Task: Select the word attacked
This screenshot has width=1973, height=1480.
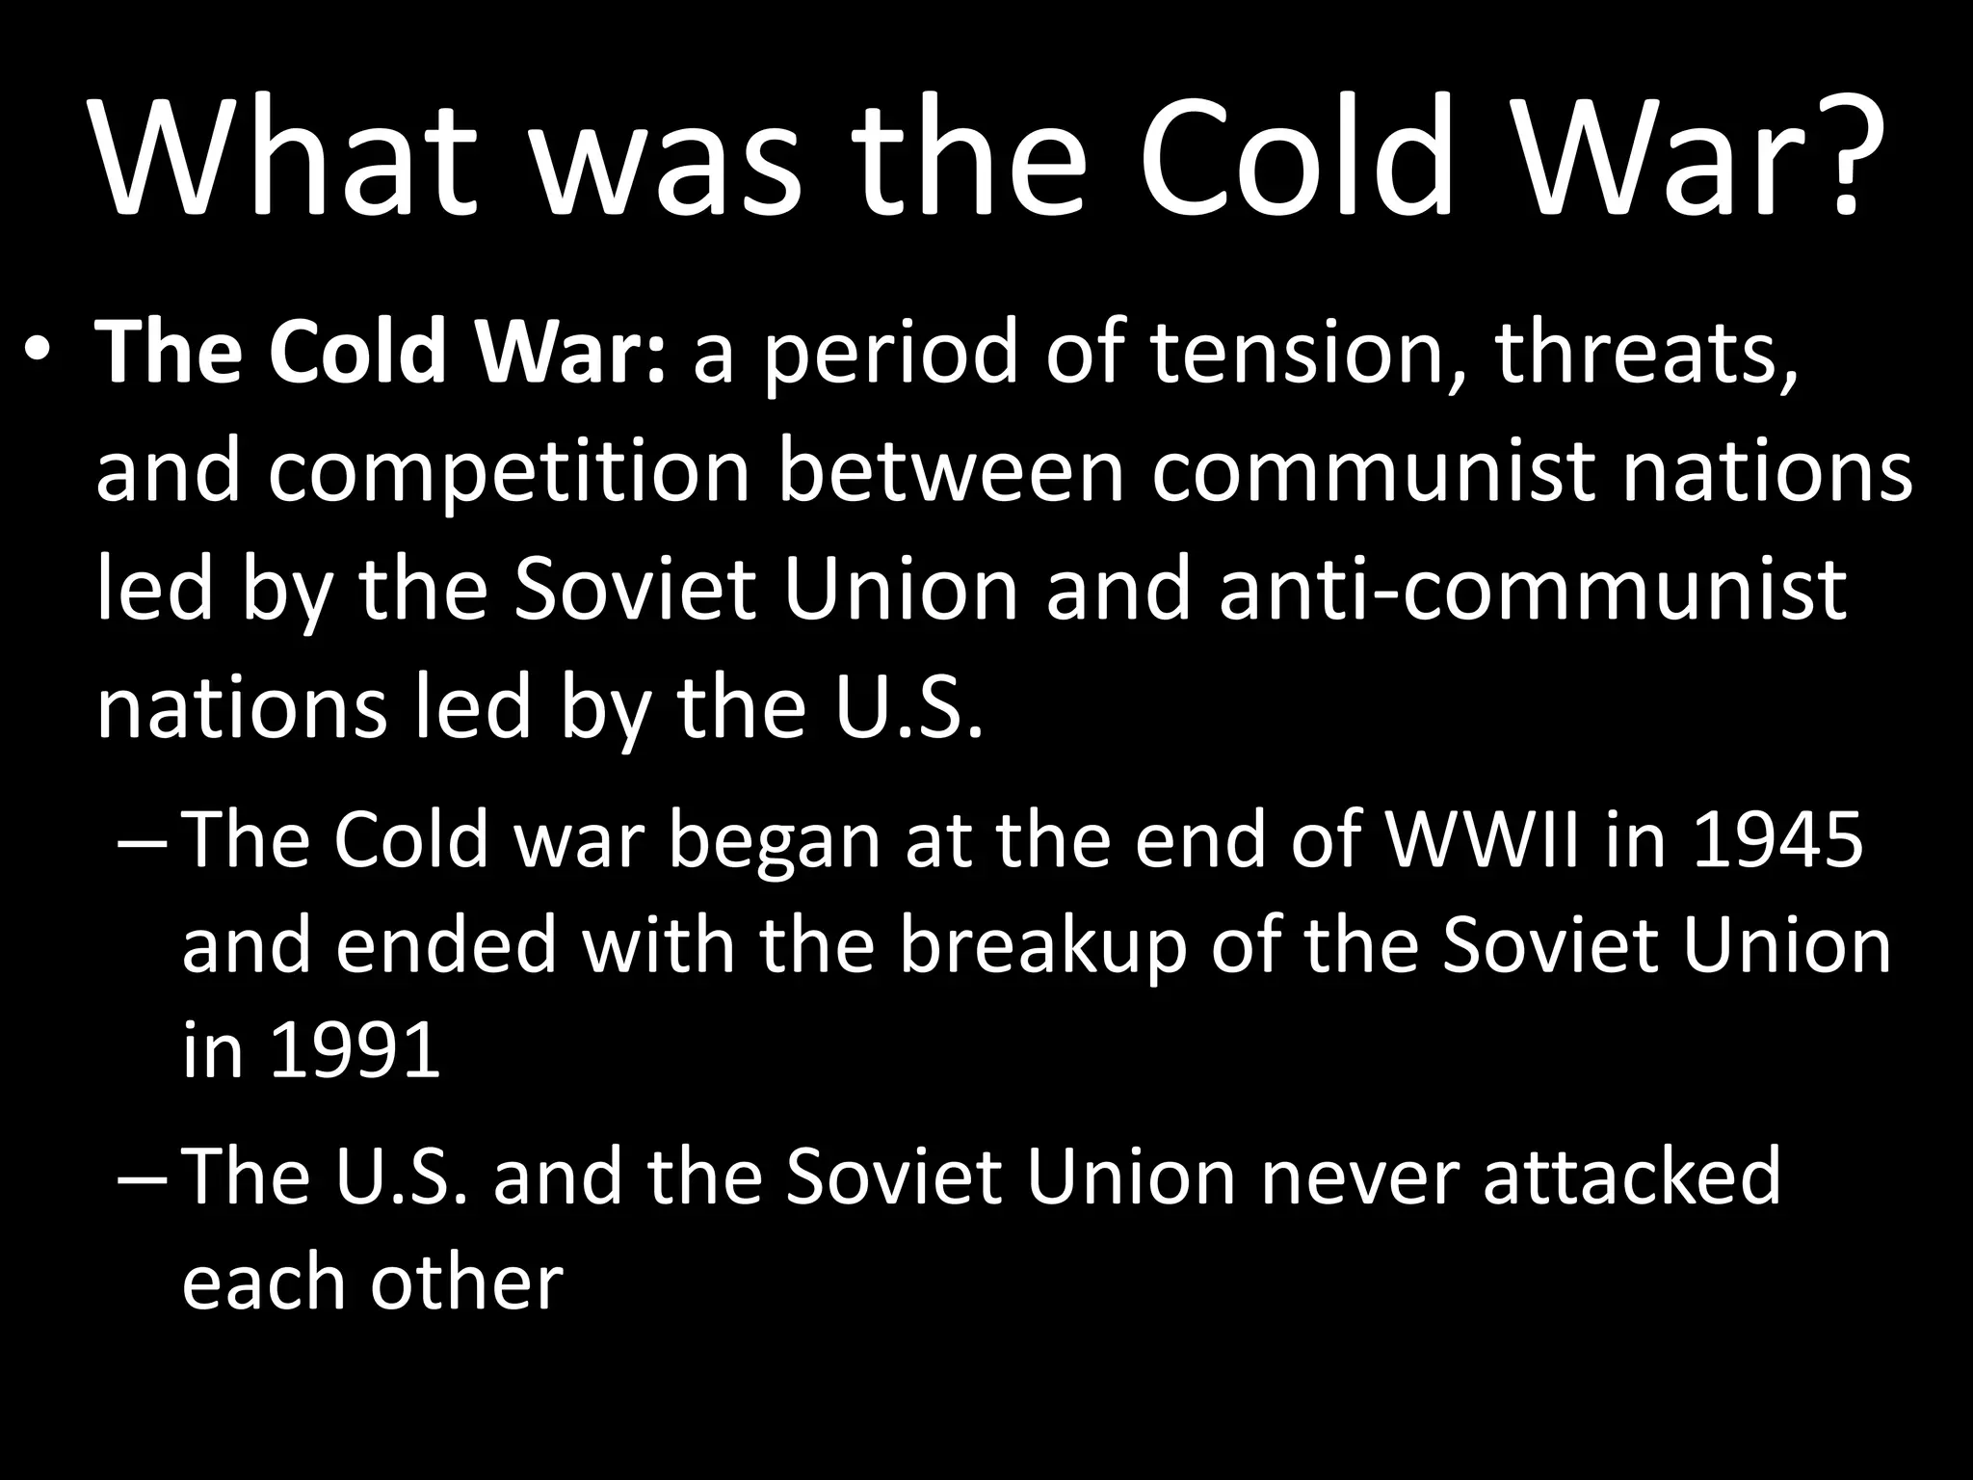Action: point(1632,1176)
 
